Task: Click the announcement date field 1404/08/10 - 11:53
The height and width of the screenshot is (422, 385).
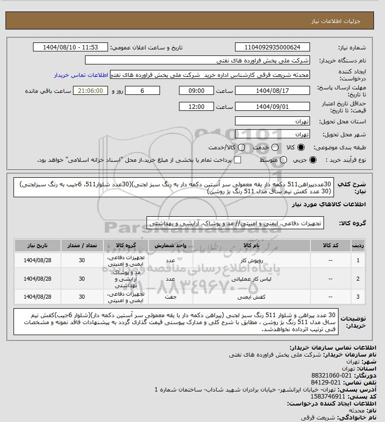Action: [x=70, y=47]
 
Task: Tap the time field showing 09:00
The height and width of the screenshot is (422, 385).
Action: [x=196, y=91]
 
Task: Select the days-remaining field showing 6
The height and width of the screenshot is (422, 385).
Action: [x=142, y=91]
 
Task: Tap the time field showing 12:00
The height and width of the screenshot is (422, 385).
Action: [x=196, y=107]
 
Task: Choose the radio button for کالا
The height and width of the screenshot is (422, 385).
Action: [x=301, y=148]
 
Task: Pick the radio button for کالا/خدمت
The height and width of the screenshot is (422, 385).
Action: [x=242, y=148]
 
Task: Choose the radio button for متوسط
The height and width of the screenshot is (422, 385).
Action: [x=284, y=160]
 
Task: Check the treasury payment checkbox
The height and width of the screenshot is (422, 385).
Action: [x=237, y=160]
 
